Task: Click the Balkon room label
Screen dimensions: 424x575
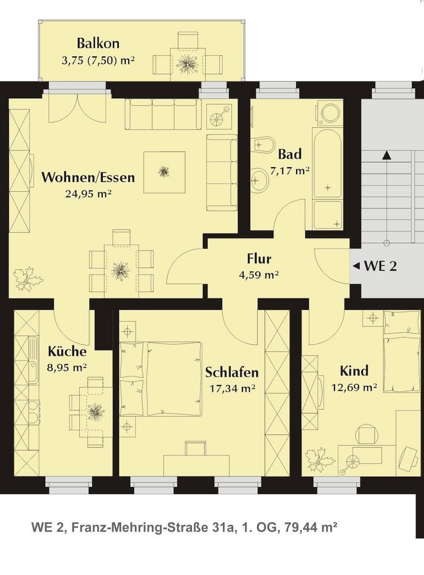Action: coord(98,43)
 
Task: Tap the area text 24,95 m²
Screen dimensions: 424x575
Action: coord(88,194)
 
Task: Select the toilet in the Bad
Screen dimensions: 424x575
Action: coord(263,145)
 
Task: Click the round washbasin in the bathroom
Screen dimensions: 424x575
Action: coord(261,180)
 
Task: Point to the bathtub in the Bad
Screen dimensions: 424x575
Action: coord(327,163)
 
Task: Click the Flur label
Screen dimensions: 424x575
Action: coord(259,259)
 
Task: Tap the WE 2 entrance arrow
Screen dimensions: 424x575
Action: coord(355,266)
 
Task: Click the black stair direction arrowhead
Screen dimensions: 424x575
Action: coord(386,155)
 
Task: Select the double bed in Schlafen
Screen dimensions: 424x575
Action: coord(161,379)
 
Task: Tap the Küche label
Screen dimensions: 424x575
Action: coord(67,351)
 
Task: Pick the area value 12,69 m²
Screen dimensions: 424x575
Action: coord(354,387)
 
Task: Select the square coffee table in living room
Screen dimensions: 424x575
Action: coord(164,172)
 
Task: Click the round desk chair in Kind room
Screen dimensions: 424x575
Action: coord(368,436)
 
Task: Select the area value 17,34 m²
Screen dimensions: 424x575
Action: coord(233,388)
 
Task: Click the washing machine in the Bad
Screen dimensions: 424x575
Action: coord(329,112)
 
